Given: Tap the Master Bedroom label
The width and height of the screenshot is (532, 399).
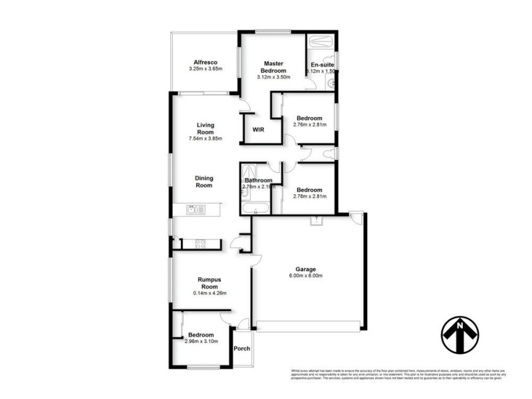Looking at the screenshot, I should coord(273,66).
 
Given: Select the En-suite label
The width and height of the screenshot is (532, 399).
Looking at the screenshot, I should coord(322,65).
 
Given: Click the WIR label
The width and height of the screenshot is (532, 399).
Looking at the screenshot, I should coord(258,130).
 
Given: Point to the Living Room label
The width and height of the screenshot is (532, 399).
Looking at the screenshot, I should coord(205,128).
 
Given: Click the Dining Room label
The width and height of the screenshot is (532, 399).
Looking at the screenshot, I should coord(203,182).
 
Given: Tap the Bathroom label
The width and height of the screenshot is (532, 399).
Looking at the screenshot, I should coord(258,180).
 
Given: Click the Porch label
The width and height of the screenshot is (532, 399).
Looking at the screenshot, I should coord(242,348).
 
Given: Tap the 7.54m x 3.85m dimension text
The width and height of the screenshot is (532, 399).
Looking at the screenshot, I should coord(205,139).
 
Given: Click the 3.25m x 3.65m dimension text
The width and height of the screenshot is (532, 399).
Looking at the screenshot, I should coord(205,68).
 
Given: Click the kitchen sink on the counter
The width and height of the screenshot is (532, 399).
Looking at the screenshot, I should coord(195,211).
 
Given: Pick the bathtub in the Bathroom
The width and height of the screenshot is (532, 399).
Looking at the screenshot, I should coord(256,209).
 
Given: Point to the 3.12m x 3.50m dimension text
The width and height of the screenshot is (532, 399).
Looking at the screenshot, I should coord(273,77).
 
